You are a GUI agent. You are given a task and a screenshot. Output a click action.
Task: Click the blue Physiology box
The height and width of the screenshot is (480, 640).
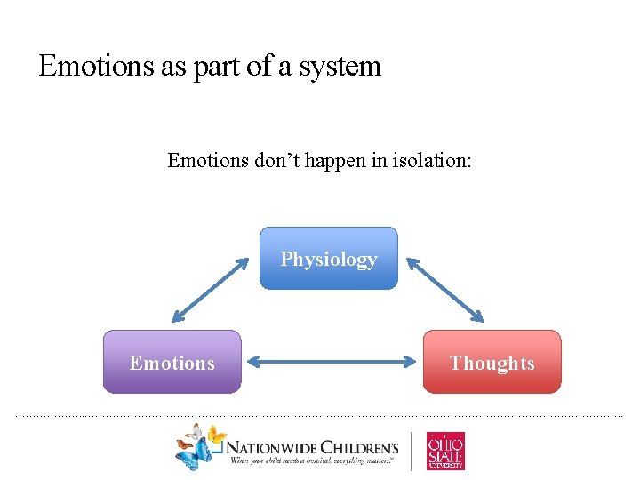[329, 259]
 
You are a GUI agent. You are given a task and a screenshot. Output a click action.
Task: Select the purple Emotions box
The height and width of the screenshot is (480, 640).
[172, 362]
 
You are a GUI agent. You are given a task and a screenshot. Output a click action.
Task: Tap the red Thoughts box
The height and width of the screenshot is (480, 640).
[492, 362]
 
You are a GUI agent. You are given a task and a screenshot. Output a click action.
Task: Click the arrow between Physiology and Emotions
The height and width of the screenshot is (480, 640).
[211, 290]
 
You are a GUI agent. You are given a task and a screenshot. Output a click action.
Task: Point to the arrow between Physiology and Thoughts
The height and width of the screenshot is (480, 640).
[445, 290]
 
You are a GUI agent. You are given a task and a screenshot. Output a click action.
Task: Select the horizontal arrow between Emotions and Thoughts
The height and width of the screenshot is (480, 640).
[332, 362]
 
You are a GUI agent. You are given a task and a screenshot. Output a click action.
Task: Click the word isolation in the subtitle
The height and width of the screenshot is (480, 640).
[427, 161]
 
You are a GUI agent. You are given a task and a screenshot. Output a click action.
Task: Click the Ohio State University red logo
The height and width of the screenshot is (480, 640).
[445, 450]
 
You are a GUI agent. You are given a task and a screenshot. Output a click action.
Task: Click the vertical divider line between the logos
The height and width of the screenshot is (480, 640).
[412, 451]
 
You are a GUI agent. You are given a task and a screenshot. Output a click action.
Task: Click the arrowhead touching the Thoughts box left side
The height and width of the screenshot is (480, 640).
[412, 362]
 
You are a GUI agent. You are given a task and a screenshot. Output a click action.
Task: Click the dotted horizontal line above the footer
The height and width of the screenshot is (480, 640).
[320, 415]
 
